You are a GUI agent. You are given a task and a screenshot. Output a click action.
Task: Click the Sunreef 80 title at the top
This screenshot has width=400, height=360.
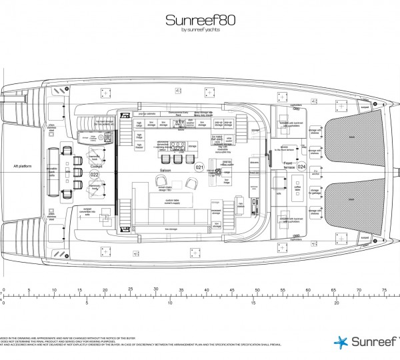pos(199,20)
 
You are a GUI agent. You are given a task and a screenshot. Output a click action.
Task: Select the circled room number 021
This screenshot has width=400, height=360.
pos(198,167)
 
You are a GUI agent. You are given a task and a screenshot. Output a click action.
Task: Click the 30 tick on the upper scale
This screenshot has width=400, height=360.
pos(155,288)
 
